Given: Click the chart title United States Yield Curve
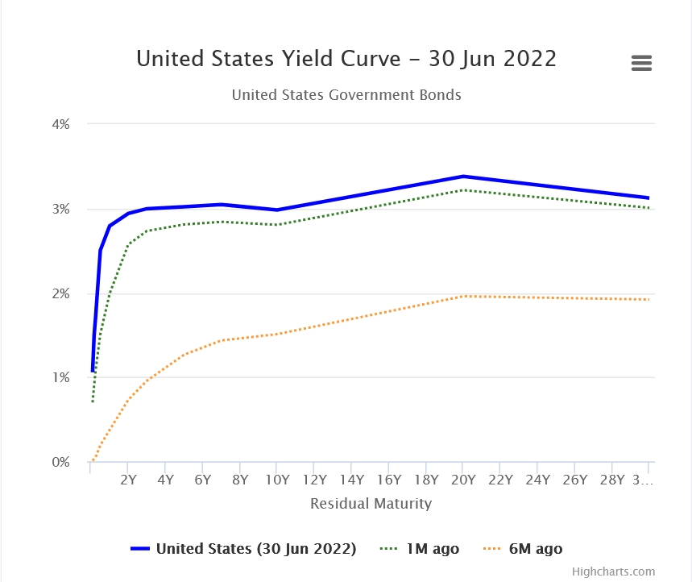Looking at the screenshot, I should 346,59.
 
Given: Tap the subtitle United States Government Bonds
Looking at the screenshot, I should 346,94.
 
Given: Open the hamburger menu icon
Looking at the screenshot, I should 641,63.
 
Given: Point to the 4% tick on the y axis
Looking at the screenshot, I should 62,124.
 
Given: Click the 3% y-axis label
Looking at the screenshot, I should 62,209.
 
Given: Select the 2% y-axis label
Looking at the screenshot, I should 62,293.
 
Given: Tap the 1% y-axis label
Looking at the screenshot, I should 62,377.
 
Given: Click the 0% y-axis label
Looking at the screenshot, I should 62,462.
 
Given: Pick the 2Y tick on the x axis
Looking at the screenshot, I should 127,480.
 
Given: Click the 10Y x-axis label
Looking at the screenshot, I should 276,480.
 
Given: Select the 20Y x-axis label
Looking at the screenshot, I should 462,480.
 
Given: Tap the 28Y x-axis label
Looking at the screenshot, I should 611,480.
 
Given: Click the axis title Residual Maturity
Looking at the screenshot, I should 371,504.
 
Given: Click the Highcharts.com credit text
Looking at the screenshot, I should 613,572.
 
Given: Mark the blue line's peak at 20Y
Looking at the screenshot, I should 462,176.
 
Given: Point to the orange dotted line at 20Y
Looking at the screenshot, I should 462,296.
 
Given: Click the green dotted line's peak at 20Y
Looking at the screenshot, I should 462,190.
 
